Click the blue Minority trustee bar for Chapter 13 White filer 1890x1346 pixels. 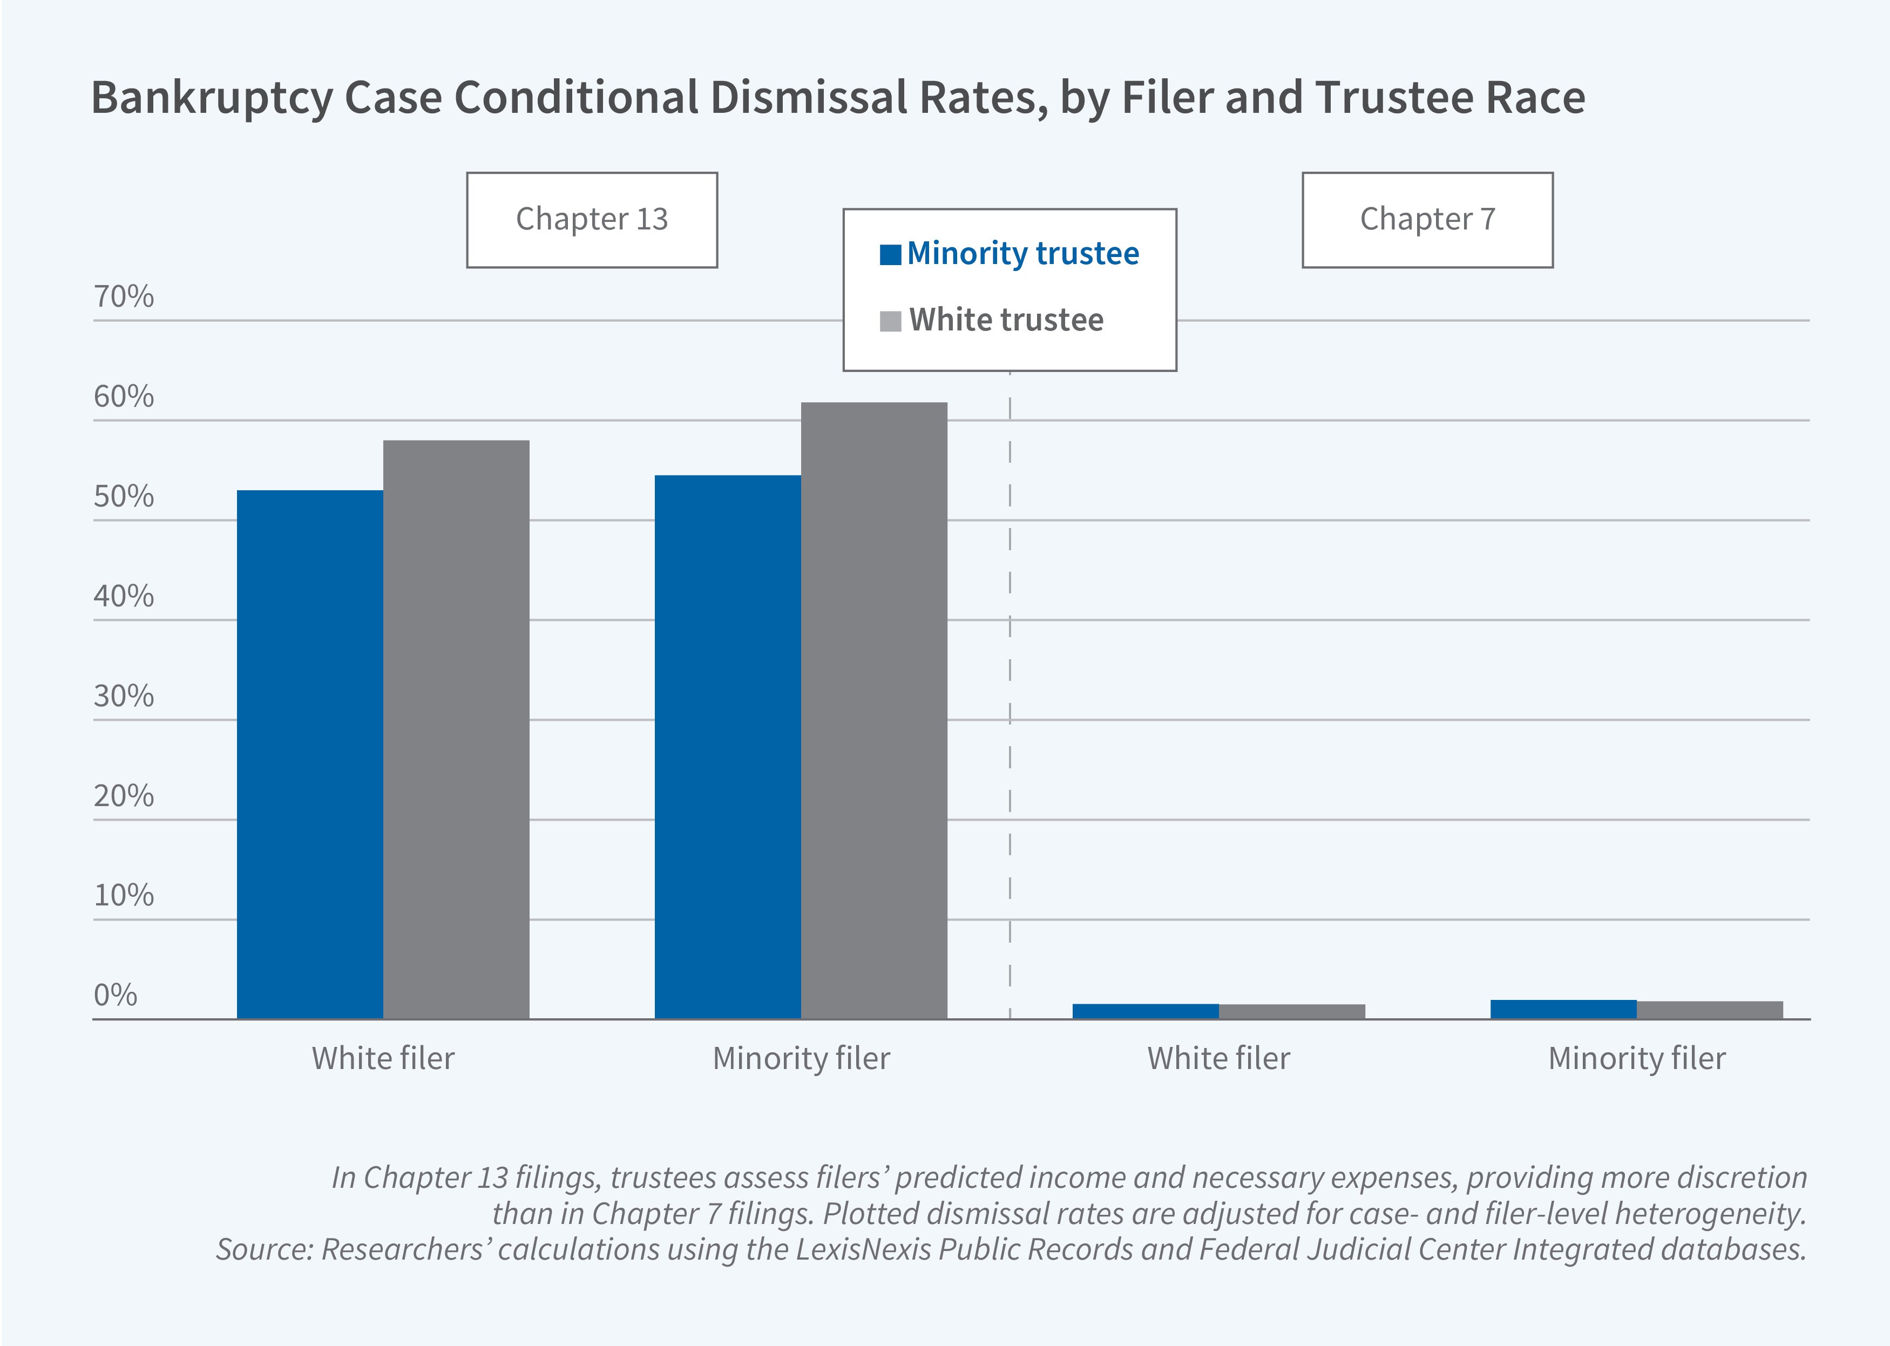coord(310,754)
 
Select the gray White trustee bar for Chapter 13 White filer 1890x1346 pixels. coord(456,729)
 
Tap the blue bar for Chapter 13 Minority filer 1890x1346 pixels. coord(728,746)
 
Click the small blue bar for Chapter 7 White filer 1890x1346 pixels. coord(1145,1011)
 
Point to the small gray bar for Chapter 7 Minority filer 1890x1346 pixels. coord(1709,1010)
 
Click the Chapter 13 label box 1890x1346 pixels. coord(592,220)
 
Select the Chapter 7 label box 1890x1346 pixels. coord(1427,220)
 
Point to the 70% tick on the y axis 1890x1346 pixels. coord(124,297)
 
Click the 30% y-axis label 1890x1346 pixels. coord(124,696)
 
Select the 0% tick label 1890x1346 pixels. coord(115,995)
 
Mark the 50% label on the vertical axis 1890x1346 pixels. coord(124,497)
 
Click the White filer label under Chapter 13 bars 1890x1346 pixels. coord(383,1058)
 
